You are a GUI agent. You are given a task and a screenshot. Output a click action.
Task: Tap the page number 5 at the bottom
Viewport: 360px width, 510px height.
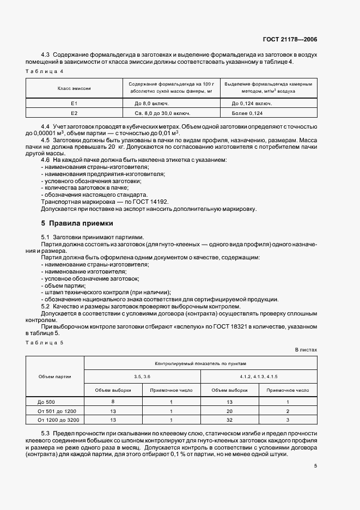pyautogui.click(x=315, y=466)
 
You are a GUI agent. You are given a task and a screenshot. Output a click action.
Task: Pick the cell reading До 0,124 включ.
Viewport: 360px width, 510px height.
pyautogui.click(x=252, y=103)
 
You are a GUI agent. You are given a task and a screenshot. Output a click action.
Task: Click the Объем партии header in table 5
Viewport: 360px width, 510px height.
pyautogui.click(x=54, y=376)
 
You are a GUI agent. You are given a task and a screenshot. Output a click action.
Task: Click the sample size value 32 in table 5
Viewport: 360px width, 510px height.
pyautogui.click(x=229, y=420)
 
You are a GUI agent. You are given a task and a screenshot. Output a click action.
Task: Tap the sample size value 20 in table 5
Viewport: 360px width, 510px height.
pyautogui.click(x=229, y=411)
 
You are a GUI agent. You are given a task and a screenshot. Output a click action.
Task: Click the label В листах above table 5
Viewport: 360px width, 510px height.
pyautogui.click(x=306, y=350)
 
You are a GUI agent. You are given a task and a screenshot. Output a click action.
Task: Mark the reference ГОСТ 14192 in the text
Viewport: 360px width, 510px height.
pyautogui.click(x=148, y=202)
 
